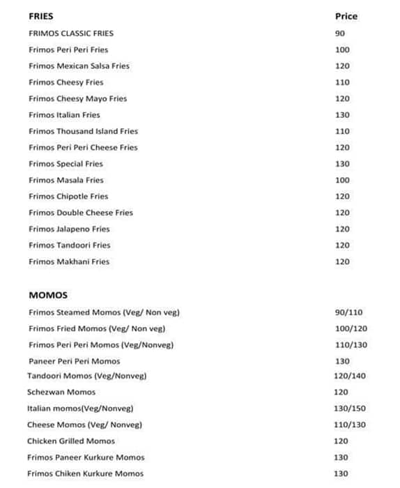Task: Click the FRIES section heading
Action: [x=40, y=16]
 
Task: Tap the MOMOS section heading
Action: [x=48, y=296]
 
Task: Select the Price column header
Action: [x=346, y=16]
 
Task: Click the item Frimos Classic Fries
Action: [x=71, y=33]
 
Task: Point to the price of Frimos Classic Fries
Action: [x=340, y=33]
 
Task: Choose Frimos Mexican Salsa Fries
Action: [x=79, y=66]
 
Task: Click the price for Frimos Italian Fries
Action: [x=342, y=115]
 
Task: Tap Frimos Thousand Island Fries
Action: [x=83, y=131]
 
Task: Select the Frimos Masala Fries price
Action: [x=342, y=180]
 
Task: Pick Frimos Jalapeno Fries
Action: [x=69, y=229]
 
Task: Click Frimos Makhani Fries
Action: [x=69, y=261]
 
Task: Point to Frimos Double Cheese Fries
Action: [x=81, y=213]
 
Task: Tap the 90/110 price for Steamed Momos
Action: [x=349, y=312]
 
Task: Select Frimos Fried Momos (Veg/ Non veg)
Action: [x=97, y=328]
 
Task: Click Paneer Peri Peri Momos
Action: [x=75, y=361]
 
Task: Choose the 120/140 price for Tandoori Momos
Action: [x=350, y=376]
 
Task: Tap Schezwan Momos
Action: [x=61, y=392]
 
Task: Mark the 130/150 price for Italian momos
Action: [x=350, y=409]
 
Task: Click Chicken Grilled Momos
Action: [x=71, y=441]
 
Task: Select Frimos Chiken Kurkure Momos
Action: [x=85, y=474]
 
